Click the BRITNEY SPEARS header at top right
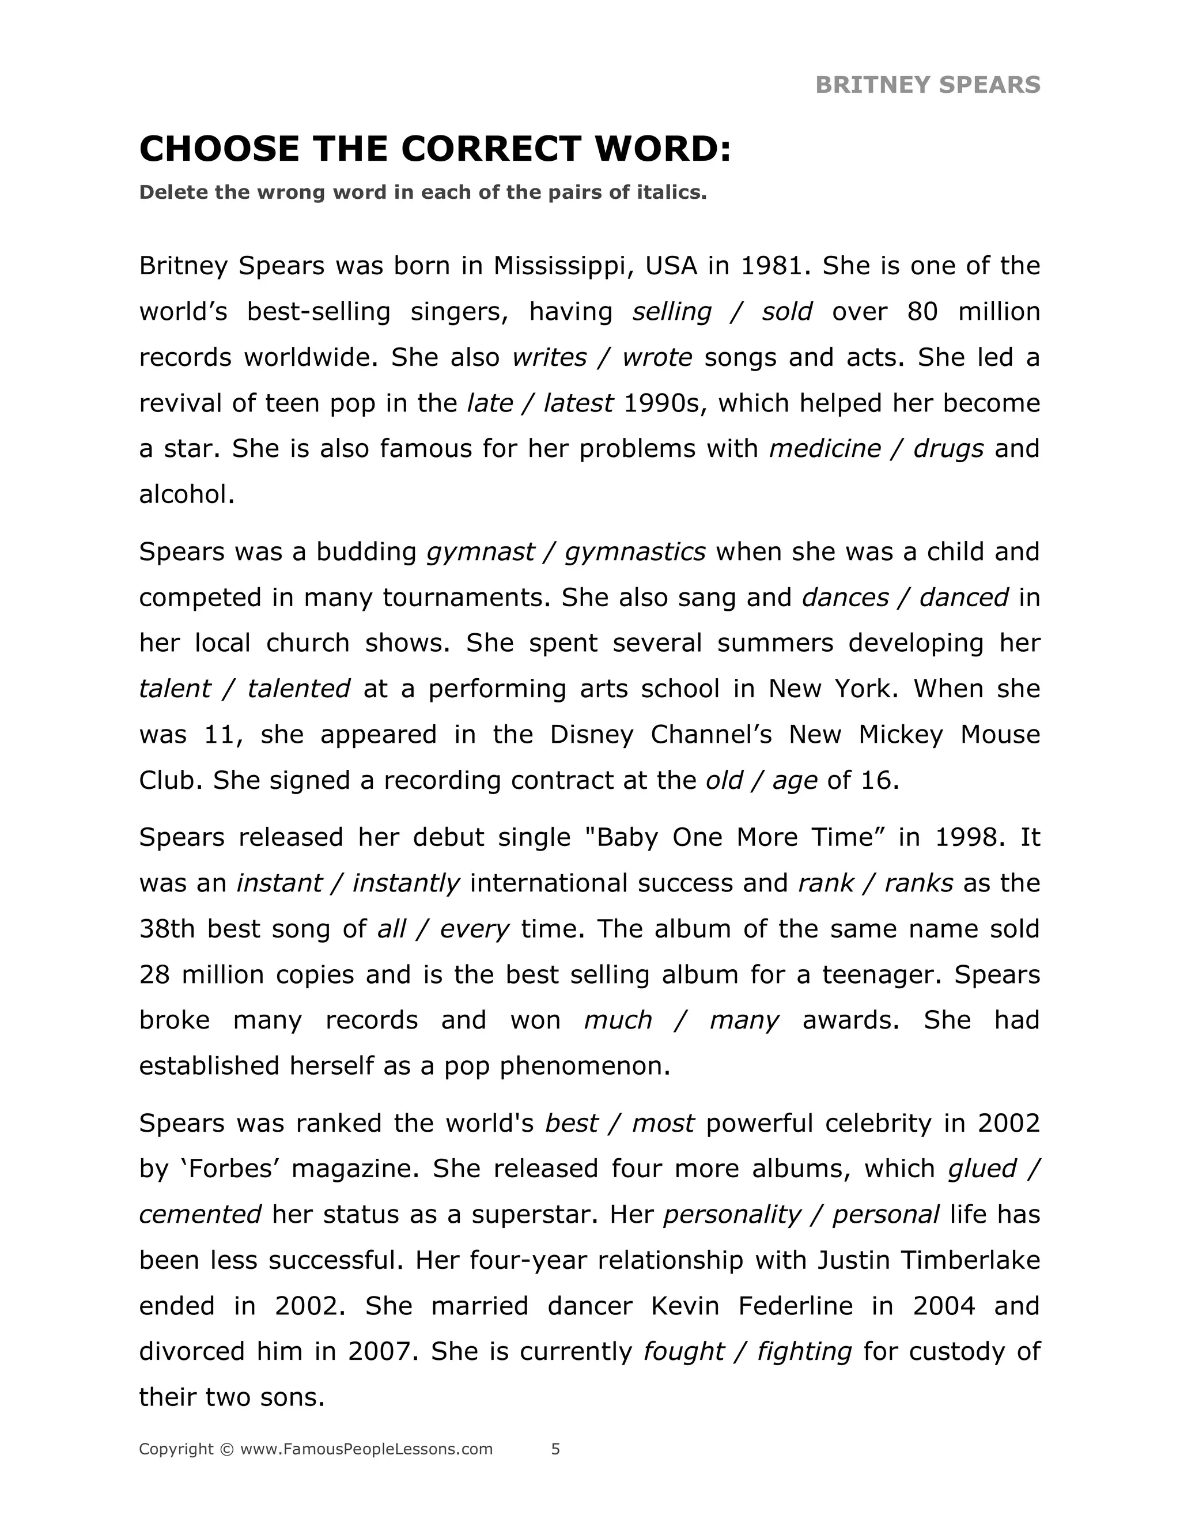click(x=927, y=85)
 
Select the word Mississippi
click(x=563, y=266)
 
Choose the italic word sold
click(x=786, y=312)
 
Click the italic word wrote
click(x=656, y=357)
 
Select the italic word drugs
click(x=948, y=449)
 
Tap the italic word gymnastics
click(x=635, y=551)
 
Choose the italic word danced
click(x=963, y=597)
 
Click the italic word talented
click(x=298, y=689)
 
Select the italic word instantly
click(x=406, y=883)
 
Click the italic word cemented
click(x=200, y=1215)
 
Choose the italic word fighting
click(x=804, y=1351)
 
